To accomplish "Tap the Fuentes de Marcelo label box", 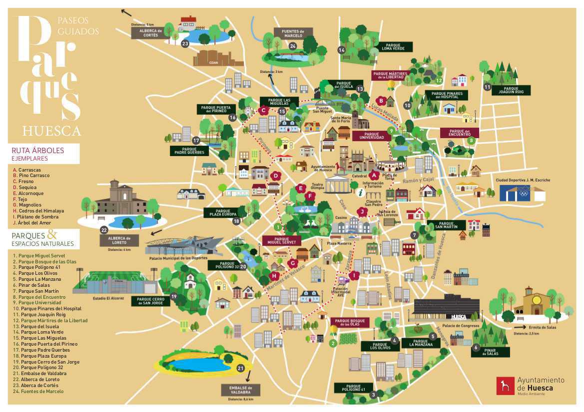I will (293, 33).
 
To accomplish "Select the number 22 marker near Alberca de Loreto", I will (104, 230).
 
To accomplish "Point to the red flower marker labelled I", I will (354, 275).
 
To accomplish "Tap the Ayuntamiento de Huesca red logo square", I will (505, 386).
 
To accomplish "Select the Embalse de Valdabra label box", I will (241, 390).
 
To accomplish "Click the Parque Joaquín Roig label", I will (511, 90).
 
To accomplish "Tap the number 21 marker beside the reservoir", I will (240, 369).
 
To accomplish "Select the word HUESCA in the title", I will (51, 131).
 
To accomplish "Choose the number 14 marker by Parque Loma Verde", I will (342, 50).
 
